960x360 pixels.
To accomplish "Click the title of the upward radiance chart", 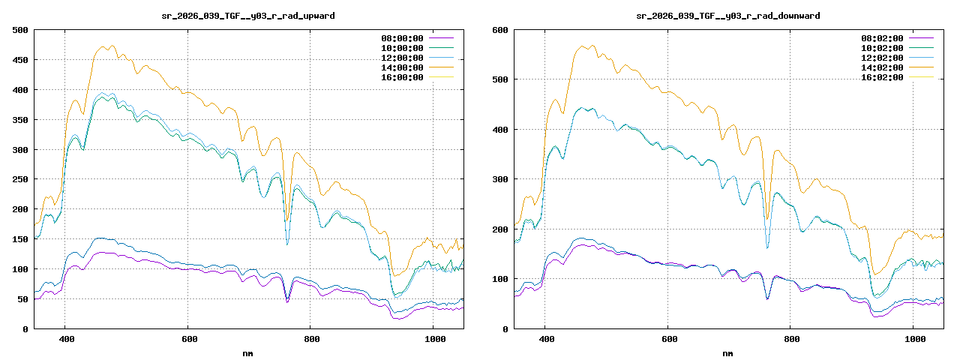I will pyautogui.click(x=249, y=16).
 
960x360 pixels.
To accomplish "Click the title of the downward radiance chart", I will pyautogui.click(x=727, y=16).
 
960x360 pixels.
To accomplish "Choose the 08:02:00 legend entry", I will pyautogui.click(x=881, y=38).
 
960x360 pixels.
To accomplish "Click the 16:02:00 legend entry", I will pyautogui.click(x=881, y=77).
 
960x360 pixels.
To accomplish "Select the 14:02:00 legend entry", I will pyautogui.click(x=881, y=67).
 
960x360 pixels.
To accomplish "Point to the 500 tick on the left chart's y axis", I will pyautogui.click(x=20, y=30).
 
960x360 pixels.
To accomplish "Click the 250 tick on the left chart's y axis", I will pyautogui.click(x=20, y=179).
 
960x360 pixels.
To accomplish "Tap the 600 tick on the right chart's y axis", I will pyautogui.click(x=500, y=30).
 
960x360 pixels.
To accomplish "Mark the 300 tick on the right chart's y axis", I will pyautogui.click(x=500, y=179).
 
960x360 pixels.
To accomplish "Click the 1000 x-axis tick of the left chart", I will pyautogui.click(x=433, y=339).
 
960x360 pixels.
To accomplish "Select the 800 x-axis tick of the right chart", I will pyautogui.click(x=790, y=339).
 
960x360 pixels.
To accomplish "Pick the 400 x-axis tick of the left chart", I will pyautogui.click(x=65, y=339).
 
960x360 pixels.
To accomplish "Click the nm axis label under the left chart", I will pyautogui.click(x=248, y=352).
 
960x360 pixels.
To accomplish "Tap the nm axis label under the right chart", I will pyautogui.click(x=728, y=352).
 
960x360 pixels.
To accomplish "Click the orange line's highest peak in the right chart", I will pyautogui.click(x=592, y=45).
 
